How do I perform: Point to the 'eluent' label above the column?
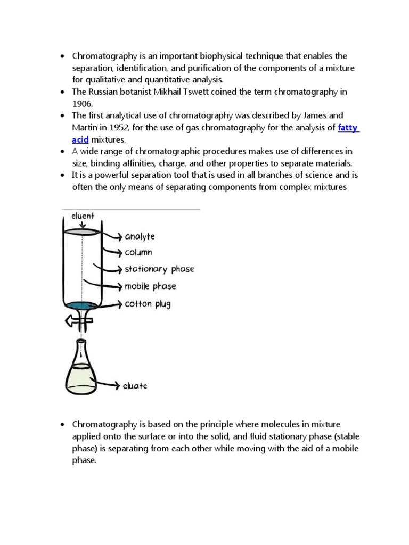82,216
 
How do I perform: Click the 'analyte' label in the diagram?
140,236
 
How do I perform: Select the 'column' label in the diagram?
138,253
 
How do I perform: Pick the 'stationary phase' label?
159,269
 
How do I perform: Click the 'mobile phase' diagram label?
150,286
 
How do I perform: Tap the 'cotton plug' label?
148,304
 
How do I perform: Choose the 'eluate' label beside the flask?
136,386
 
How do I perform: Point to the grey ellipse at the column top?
81,232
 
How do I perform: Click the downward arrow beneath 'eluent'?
81,225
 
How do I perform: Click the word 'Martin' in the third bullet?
85,128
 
